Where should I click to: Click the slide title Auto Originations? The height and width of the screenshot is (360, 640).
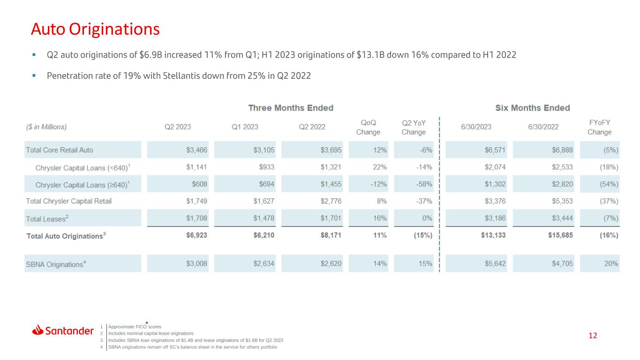coord(95,29)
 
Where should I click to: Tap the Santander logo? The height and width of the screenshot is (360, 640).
coord(63,330)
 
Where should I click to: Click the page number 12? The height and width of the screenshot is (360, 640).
coord(593,336)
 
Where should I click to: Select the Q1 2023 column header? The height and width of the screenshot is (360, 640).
coord(245,127)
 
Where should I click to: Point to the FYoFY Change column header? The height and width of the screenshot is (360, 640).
coord(599,127)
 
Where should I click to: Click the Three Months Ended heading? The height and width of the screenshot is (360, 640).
coord(291,108)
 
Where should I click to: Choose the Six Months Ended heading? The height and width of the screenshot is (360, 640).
coord(533,108)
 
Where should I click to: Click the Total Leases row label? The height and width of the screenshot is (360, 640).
coord(47,218)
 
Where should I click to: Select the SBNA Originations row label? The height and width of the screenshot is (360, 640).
coord(56,264)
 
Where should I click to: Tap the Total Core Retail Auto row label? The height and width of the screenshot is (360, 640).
coord(60,150)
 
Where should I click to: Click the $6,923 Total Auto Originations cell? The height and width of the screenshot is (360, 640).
coord(196,235)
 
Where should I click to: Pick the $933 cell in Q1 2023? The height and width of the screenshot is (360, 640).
coord(267,167)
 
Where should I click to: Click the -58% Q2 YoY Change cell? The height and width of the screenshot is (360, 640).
coord(424,184)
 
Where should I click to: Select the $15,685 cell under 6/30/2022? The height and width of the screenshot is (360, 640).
coord(560,235)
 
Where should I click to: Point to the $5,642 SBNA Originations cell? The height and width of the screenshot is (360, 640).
coord(495,263)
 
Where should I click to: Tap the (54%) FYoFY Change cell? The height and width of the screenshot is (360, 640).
coord(609,184)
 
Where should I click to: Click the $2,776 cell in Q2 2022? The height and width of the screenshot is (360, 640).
coord(331,201)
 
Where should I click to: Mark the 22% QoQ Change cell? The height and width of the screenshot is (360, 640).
coord(380,167)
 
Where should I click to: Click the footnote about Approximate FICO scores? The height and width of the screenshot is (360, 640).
coord(135,327)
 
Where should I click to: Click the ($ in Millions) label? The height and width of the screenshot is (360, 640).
coord(46,127)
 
